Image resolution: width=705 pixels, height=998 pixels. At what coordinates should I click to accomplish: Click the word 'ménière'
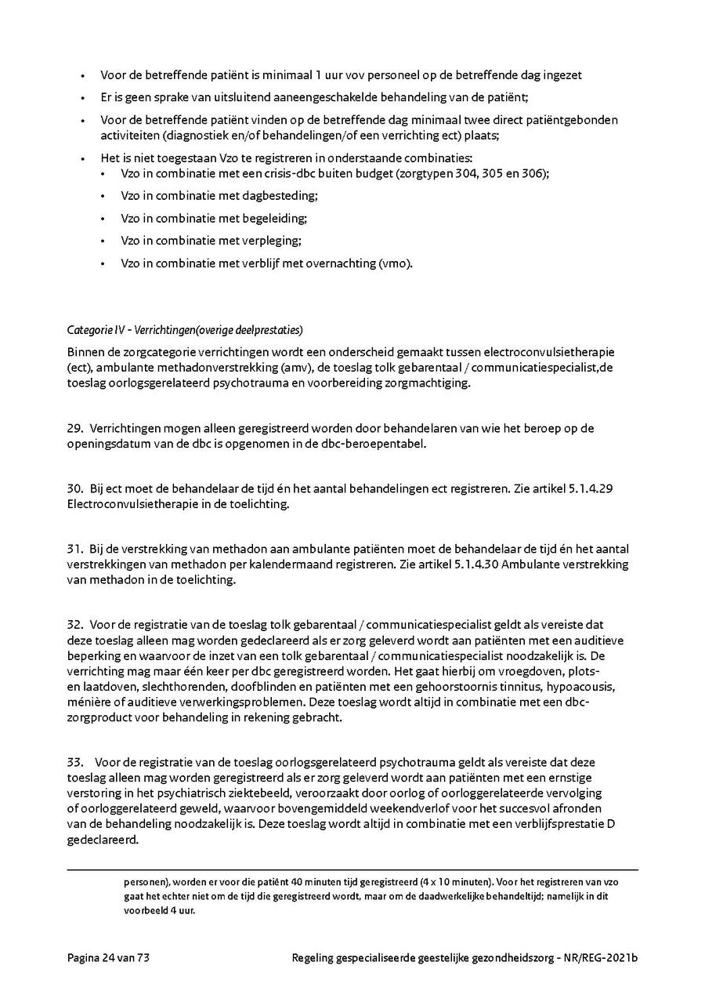coord(89,702)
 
